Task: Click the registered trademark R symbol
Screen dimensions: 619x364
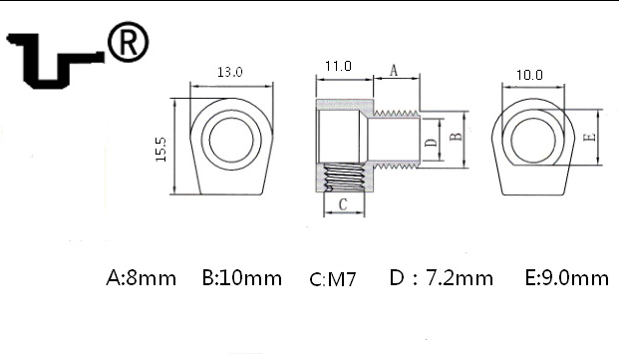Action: coord(129,42)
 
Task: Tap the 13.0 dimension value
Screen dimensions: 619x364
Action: coord(230,72)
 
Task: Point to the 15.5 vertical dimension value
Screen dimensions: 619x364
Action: coord(160,150)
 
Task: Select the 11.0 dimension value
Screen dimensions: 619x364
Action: coord(338,66)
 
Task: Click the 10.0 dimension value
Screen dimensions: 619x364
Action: coord(529,75)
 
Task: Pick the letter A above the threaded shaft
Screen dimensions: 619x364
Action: coord(394,71)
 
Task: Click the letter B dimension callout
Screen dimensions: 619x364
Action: coord(456,137)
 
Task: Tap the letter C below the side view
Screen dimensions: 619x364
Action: coord(343,204)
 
